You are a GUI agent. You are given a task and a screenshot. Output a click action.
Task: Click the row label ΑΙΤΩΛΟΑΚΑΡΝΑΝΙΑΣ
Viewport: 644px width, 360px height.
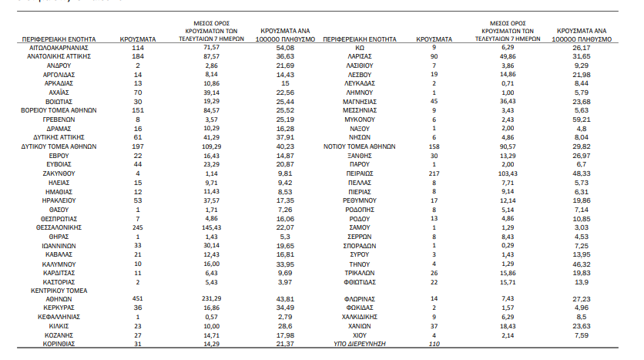[x=59, y=48]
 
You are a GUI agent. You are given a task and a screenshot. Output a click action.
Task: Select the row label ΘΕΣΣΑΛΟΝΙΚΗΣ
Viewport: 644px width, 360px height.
[x=59, y=227]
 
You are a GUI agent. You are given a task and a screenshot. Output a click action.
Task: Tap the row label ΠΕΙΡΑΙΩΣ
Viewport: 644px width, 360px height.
[x=360, y=173]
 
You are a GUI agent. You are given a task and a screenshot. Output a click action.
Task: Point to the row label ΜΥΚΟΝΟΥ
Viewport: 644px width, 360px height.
[x=360, y=119]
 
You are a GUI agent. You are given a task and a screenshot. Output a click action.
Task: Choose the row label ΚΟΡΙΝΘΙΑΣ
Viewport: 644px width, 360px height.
[x=59, y=344]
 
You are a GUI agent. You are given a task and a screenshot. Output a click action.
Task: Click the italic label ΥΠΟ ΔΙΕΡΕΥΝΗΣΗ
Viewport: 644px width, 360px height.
[x=360, y=344]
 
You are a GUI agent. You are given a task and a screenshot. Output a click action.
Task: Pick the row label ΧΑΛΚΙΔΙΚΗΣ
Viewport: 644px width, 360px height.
[x=360, y=317]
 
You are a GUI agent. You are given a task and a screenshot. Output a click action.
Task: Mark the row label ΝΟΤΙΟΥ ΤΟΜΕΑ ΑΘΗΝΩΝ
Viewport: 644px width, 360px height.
[x=360, y=146]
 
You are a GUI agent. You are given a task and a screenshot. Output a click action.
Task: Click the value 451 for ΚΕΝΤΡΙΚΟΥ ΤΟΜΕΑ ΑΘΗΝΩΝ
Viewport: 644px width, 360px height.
[x=138, y=299]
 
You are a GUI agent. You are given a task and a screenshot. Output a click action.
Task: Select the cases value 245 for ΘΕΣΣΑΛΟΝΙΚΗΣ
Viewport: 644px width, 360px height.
[x=138, y=227]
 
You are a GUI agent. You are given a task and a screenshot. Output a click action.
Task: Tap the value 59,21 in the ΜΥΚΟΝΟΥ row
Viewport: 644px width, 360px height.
[x=581, y=119]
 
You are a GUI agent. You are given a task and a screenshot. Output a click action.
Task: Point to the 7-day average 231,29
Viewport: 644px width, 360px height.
[x=211, y=299]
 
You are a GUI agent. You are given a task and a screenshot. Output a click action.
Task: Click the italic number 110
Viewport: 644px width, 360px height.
[x=434, y=344]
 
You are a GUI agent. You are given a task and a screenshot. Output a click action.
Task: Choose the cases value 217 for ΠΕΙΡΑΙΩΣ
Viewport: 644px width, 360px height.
[x=434, y=173]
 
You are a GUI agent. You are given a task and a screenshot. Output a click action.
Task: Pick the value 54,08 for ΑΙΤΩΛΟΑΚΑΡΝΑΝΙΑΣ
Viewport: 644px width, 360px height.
[x=285, y=48]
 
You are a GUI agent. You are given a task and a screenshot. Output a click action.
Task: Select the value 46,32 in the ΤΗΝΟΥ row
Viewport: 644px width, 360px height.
[x=581, y=264]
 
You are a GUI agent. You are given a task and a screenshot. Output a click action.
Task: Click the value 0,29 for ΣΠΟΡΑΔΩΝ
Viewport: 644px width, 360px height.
[x=508, y=245]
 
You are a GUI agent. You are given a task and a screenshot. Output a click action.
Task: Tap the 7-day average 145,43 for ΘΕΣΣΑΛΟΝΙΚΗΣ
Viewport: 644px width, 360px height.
[x=211, y=227]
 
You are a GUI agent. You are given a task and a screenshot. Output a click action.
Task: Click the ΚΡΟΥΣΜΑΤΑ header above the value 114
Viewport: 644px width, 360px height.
[x=138, y=39]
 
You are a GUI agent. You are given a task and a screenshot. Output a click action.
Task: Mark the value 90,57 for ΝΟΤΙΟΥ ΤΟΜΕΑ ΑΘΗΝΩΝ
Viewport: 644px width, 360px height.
[x=508, y=146]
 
